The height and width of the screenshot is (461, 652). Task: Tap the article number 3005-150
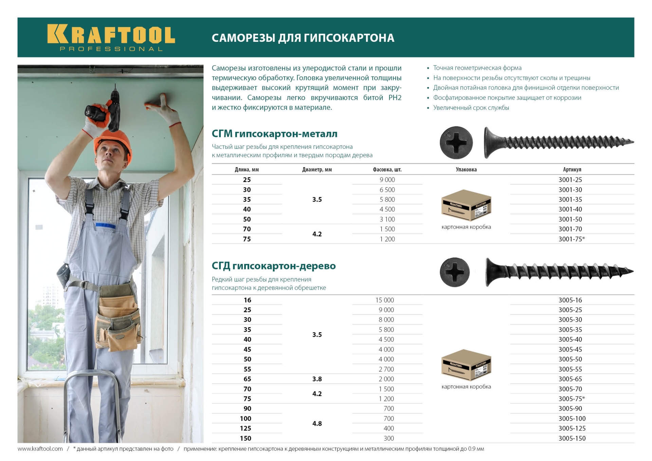(572, 438)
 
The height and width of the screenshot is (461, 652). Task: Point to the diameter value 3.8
(317, 379)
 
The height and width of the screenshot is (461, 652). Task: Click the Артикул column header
(572, 170)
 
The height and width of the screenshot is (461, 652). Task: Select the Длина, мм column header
(247, 170)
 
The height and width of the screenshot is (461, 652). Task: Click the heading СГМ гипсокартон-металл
(274, 134)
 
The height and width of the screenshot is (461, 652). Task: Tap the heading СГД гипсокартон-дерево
(273, 266)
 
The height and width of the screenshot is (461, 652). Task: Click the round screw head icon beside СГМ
(456, 143)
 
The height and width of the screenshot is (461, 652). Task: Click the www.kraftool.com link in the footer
(40, 449)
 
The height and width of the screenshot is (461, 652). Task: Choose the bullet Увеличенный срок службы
(471, 108)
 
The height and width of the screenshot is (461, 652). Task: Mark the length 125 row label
(246, 428)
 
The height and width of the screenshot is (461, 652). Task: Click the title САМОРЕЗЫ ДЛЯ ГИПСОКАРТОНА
(303, 38)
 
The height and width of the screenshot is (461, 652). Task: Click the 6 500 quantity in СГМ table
(387, 190)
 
